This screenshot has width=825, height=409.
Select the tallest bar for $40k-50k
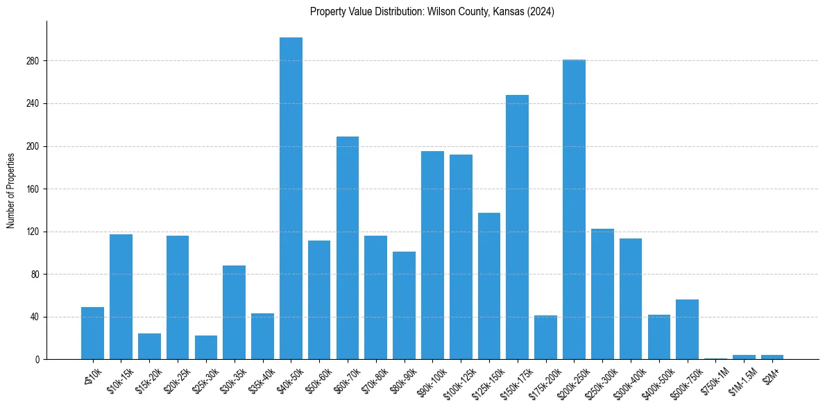click(291, 198)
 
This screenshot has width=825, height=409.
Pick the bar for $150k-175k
click(517, 227)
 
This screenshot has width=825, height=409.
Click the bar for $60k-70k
click(348, 248)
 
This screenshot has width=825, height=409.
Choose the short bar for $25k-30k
click(205, 347)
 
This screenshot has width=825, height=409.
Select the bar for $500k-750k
click(687, 329)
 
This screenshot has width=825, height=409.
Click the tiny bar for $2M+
click(772, 357)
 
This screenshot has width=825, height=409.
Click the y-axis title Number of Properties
click(11, 190)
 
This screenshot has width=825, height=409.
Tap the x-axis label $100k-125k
click(457, 378)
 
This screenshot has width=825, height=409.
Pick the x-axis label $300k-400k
click(627, 378)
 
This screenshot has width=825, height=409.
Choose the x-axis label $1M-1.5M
click(741, 378)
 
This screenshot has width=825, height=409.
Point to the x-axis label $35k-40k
click(259, 377)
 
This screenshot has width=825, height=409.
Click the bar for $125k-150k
click(489, 286)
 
